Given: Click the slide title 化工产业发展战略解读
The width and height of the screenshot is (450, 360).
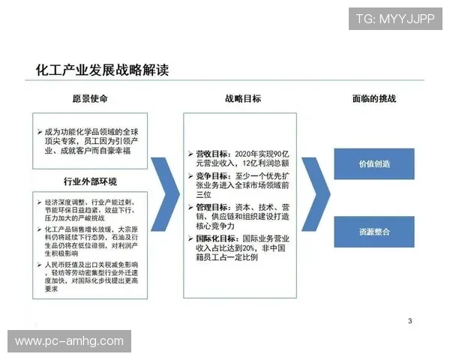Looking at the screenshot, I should (x=103, y=70).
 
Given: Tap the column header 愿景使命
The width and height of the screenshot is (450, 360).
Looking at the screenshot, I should (x=89, y=99).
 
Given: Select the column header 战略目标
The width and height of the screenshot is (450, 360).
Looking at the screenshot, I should (x=242, y=99).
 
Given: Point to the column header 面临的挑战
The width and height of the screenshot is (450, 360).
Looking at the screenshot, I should (x=373, y=99).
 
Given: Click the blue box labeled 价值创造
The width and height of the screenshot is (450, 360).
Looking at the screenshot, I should (x=374, y=163).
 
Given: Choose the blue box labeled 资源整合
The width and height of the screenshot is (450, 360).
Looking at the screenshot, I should (x=374, y=232).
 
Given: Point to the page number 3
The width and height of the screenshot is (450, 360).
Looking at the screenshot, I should (x=409, y=321).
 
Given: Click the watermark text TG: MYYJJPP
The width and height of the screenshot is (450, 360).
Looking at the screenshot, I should (x=395, y=19).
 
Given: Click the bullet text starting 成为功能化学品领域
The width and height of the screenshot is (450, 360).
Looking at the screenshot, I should (x=94, y=140).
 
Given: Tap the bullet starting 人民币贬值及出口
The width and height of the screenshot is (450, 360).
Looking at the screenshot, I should (x=94, y=274).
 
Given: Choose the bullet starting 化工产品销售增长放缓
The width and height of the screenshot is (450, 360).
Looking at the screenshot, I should (x=94, y=243).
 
